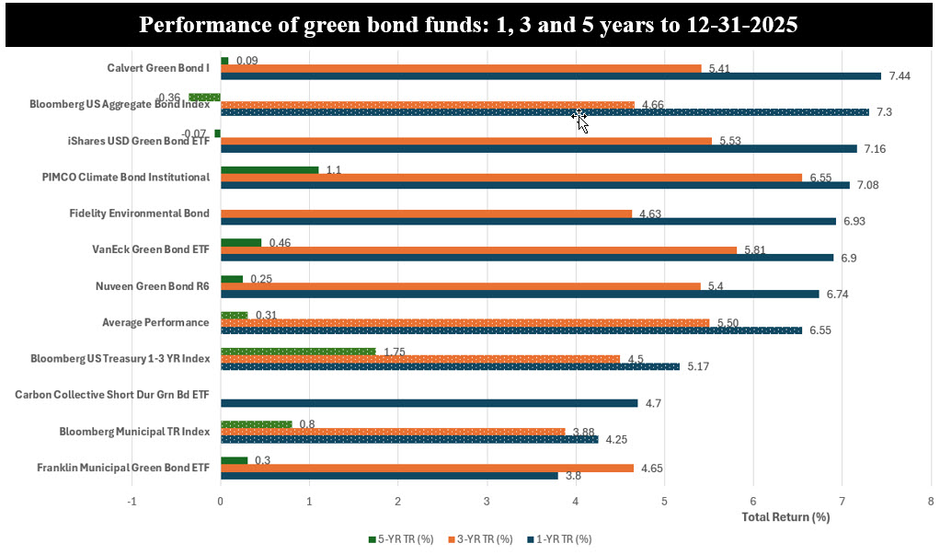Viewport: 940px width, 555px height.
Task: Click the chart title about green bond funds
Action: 469,26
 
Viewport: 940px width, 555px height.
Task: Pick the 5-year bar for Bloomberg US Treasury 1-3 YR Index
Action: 298,351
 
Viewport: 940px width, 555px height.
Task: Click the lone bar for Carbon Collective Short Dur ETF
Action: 429,402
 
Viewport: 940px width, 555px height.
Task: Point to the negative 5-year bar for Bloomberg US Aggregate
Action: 204,97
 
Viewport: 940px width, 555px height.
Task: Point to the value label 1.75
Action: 396,351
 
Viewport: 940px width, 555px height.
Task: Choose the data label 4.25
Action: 617,439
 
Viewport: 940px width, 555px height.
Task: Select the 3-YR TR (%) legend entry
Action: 479,538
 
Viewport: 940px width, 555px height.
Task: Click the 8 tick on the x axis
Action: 930,502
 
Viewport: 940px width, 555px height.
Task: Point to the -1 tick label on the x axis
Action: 132,502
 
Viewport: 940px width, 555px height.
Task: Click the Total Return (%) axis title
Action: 785,517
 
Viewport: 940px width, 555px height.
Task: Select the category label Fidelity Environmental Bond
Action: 139,214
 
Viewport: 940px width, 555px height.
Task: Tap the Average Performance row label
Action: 155,322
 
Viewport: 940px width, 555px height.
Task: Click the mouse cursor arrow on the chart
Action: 580,121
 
